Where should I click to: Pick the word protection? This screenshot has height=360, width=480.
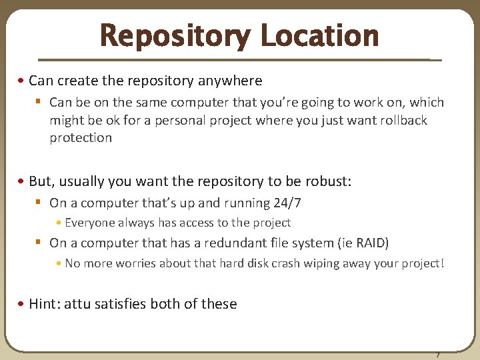click(81, 137)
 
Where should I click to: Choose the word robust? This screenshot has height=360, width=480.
click(328, 182)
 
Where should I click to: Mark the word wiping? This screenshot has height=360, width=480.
click(325, 263)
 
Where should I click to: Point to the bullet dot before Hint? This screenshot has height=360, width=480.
click(23, 304)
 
